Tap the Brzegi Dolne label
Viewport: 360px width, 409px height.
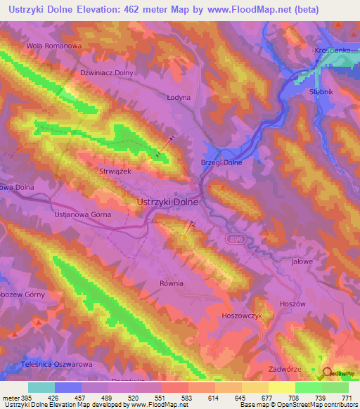pyautogui.click(x=221, y=162)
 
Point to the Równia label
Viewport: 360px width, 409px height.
pyautogui.click(x=171, y=283)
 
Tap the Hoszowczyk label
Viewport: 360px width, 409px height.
pyautogui.click(x=241, y=316)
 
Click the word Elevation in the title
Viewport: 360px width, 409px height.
pyautogui.click(x=114, y=10)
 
